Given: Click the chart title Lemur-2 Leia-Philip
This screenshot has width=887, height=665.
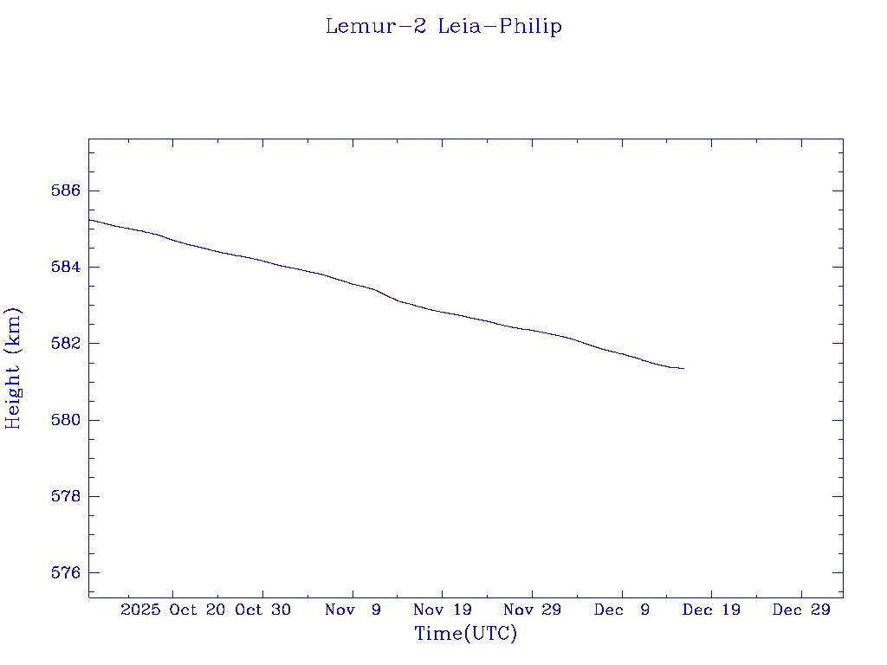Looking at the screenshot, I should (443, 27).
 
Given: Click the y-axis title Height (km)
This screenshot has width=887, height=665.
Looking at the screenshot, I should (14, 368).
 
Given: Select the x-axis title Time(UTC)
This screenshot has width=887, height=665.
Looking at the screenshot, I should (466, 634).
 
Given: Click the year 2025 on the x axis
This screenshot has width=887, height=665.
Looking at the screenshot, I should (141, 610).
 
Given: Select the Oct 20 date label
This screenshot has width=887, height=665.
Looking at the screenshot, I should (198, 610).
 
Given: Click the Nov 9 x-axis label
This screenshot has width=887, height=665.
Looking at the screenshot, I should (353, 610).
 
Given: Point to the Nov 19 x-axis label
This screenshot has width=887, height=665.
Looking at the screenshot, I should (442, 610).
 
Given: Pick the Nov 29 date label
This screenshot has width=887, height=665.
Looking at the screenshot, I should (532, 610).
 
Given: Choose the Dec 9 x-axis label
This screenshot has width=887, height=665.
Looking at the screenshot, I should (622, 610).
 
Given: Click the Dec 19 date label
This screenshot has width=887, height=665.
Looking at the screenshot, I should (711, 610).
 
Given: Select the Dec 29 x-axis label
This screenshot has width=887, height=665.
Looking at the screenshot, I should (801, 610).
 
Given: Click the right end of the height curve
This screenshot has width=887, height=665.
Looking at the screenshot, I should (684, 369).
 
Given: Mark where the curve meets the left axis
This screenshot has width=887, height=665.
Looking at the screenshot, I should (89, 219).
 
